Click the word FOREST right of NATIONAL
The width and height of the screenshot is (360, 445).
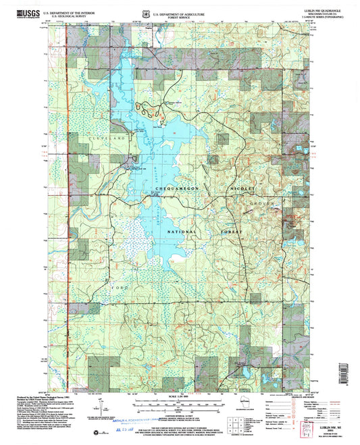[x=232, y=231]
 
